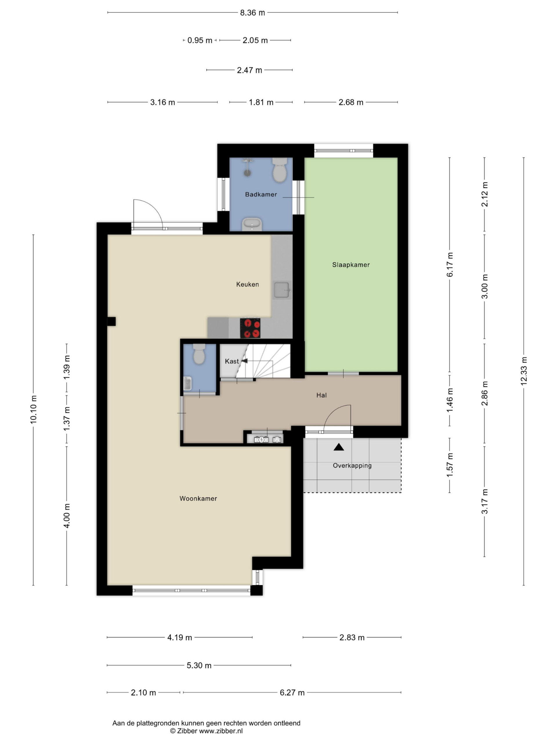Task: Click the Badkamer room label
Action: click(x=261, y=194)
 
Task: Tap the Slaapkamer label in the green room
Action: click(x=351, y=265)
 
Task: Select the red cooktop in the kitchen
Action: click(x=250, y=328)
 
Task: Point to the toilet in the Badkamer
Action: click(x=280, y=170)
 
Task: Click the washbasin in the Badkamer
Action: click(x=252, y=224)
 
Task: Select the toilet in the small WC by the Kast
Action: click(x=199, y=354)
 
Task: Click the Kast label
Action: click(x=232, y=361)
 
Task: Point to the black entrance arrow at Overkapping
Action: click(x=339, y=447)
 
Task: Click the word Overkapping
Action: click(x=352, y=466)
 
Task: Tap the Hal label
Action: click(x=321, y=395)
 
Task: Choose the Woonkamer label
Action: click(x=198, y=498)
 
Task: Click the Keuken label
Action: click(x=247, y=284)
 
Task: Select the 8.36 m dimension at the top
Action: click(x=252, y=13)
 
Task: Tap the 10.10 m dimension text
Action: click(x=34, y=410)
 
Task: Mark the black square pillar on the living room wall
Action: click(x=111, y=322)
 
